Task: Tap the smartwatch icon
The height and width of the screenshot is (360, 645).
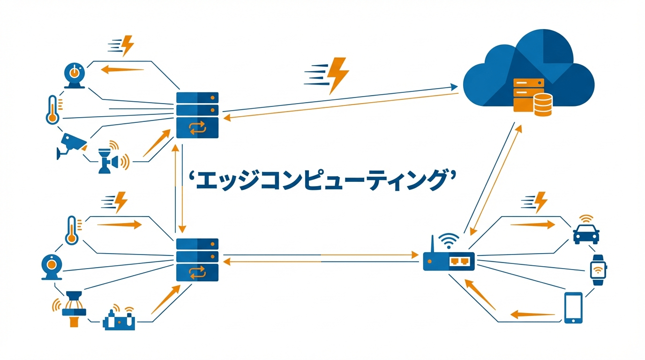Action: coord(598,270)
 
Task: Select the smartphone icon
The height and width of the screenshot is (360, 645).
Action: coord(573,307)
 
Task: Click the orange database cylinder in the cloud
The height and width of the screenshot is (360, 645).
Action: coord(543,105)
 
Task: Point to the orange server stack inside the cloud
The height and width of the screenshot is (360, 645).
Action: coord(525,95)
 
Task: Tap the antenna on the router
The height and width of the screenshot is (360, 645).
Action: coord(432,244)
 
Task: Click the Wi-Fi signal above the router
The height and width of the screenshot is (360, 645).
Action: coord(448,241)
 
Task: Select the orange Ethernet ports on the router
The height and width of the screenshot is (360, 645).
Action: coord(460,261)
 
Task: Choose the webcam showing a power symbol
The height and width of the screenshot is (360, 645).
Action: coord(74,75)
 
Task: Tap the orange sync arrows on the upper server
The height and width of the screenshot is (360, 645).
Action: coord(197,127)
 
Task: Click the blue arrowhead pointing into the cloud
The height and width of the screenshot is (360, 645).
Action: coord(454,87)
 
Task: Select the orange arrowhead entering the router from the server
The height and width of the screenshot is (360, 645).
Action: coord(415,255)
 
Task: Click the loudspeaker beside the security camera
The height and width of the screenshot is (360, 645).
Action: coord(113,160)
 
